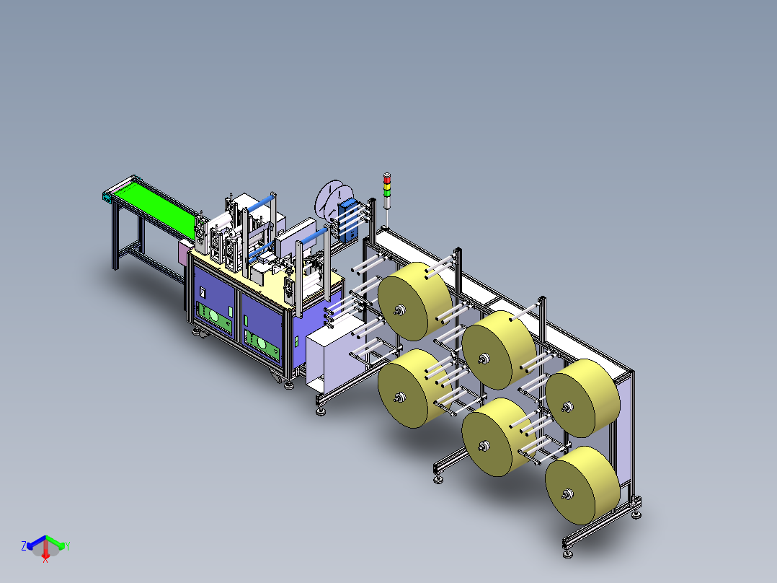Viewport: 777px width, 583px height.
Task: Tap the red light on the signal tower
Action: pos(387,180)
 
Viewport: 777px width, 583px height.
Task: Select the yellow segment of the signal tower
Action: pos(387,187)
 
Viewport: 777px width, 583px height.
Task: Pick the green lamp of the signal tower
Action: pos(387,193)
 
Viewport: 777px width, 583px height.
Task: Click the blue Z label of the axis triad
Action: pos(24,545)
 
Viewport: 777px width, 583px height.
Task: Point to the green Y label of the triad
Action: pos(68,546)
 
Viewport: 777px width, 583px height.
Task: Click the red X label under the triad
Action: pos(45,560)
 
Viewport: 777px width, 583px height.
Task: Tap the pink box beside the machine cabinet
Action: pos(185,252)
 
